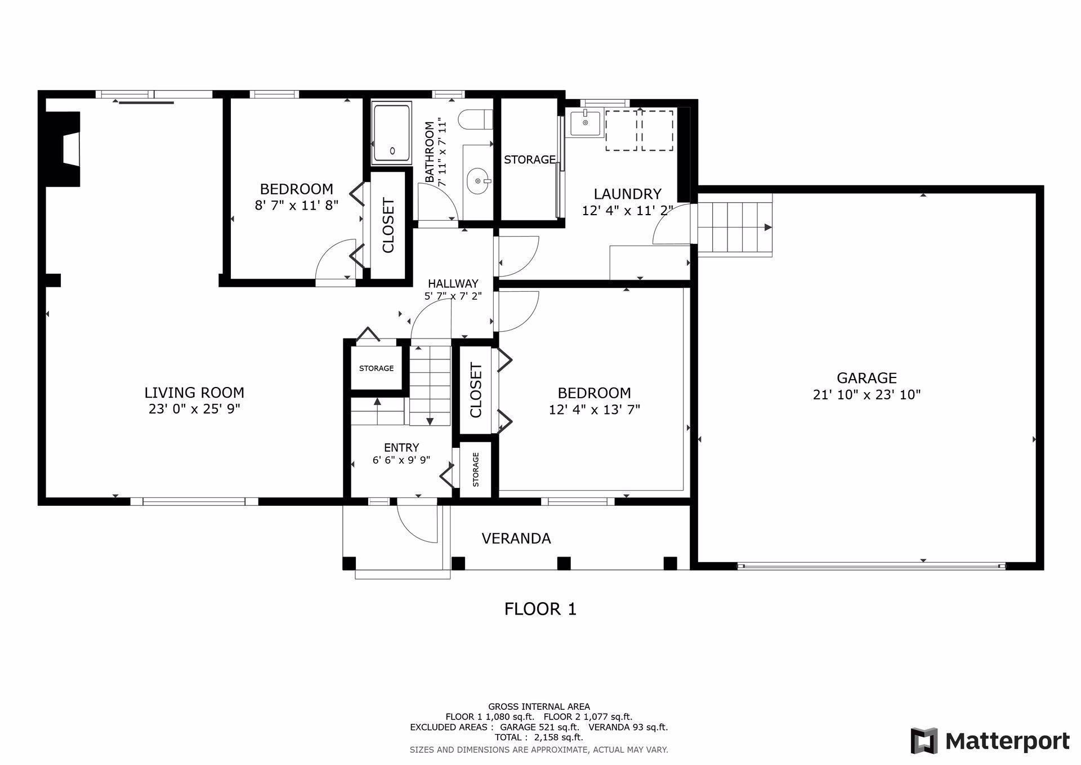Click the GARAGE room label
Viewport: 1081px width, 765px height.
[x=866, y=378]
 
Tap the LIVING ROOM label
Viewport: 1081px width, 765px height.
[x=194, y=393]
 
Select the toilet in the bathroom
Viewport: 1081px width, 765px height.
[x=476, y=119]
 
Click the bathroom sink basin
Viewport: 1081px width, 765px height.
[x=479, y=181]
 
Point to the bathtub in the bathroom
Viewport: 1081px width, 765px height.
[x=391, y=134]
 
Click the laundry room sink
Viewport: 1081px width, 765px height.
[x=586, y=123]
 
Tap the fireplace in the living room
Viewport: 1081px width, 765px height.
[x=62, y=149]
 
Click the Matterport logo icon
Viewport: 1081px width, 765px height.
[x=924, y=741]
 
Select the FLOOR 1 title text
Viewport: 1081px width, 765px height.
[x=540, y=609]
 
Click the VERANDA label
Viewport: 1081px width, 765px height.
[x=516, y=539]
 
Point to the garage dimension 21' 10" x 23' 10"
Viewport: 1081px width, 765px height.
[x=866, y=395]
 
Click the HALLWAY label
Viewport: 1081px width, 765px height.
[x=453, y=284]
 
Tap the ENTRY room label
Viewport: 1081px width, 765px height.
[x=401, y=448]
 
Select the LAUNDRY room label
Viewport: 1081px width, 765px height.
[x=627, y=194]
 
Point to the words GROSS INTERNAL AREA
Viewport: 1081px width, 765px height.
[x=539, y=706]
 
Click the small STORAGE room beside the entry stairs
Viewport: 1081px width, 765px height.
[x=377, y=368]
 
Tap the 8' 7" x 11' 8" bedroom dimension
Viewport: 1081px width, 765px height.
[x=297, y=205]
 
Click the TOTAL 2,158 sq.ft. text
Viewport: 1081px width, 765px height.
[x=539, y=737]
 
